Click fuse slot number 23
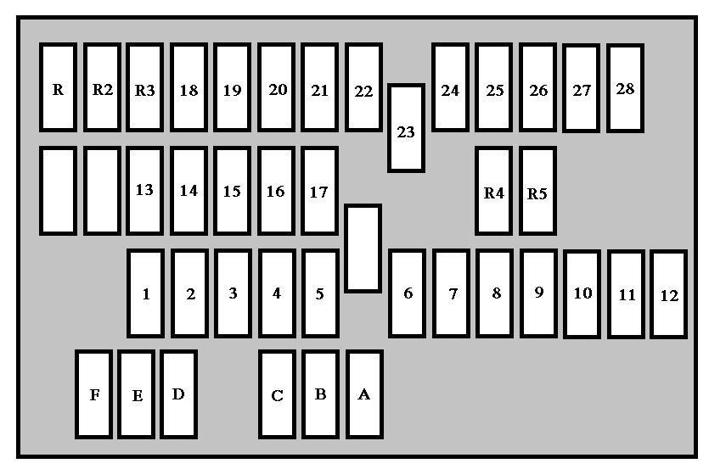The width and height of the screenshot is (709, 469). click(x=406, y=128)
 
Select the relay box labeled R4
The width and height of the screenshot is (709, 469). click(x=494, y=191)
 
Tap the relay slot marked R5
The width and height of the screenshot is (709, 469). click(x=537, y=191)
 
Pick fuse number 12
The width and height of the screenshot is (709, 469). click(x=669, y=294)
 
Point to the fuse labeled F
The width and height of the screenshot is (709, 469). click(x=93, y=394)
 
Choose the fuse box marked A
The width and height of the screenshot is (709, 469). click(x=364, y=394)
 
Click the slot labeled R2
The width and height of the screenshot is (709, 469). click(x=102, y=87)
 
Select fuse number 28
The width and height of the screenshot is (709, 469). click(x=625, y=87)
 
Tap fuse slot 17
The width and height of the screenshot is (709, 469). click(x=319, y=191)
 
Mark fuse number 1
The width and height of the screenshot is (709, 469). click(x=146, y=293)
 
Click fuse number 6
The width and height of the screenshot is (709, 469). click(x=408, y=293)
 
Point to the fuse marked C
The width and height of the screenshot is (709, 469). click(x=277, y=394)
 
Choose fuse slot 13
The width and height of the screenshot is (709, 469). click(x=145, y=191)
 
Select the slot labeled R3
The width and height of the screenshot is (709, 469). click(x=145, y=87)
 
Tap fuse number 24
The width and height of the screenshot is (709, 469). click(x=450, y=87)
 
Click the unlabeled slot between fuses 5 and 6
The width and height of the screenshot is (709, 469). click(x=363, y=248)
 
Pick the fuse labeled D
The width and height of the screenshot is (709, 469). click(x=178, y=394)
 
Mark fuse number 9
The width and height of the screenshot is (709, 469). click(x=538, y=293)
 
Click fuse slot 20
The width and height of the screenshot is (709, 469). click(x=277, y=87)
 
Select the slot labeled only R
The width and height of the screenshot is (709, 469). click(x=58, y=87)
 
